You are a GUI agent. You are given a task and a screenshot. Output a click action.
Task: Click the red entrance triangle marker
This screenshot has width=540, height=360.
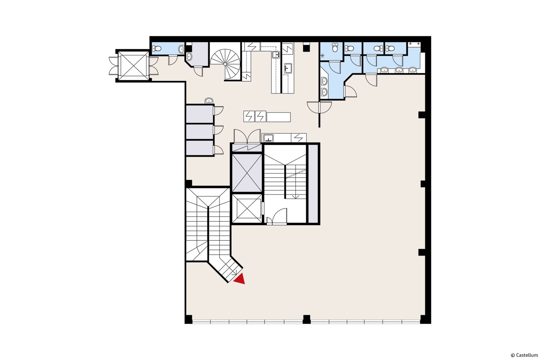(240, 279)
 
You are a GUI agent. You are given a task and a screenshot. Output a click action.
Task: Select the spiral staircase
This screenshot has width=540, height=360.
(225, 64)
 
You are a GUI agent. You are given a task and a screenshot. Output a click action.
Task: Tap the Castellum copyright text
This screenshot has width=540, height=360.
(524, 355)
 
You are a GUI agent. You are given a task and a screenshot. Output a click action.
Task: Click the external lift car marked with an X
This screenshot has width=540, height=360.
(133, 66)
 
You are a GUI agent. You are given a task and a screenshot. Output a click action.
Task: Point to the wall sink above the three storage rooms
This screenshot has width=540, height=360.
(209, 100)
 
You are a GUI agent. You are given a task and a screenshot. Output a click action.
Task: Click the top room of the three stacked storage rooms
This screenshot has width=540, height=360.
(199, 114)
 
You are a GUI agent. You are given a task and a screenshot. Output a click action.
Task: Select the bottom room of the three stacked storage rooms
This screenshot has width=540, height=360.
(199, 148)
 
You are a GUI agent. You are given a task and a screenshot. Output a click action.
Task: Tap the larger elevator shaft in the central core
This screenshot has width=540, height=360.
(247, 173)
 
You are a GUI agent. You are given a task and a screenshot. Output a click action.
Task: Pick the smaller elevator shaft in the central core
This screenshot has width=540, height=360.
(247, 208)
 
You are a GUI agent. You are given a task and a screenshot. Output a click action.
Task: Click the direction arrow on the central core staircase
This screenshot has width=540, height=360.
(296, 197)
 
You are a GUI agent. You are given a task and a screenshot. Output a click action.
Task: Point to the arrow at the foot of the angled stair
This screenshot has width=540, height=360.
(234, 274)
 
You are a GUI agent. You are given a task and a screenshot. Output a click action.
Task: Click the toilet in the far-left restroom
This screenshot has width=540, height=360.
(157, 49)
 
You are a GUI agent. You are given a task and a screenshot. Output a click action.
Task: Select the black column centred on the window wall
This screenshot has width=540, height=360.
(306, 319)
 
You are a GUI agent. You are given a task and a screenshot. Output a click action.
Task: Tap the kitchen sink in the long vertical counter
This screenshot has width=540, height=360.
(288, 68)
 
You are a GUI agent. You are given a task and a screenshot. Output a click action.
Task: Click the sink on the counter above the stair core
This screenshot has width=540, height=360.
(268, 138)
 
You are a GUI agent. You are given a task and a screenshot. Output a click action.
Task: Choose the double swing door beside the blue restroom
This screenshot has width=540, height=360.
(319, 107)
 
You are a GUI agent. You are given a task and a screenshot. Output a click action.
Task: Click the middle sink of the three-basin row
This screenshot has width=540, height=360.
(399, 70)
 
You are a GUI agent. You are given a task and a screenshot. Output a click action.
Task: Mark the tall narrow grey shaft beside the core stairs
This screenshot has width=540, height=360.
(313, 184)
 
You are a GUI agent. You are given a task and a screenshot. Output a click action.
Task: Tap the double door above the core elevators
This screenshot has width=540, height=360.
(247, 136)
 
